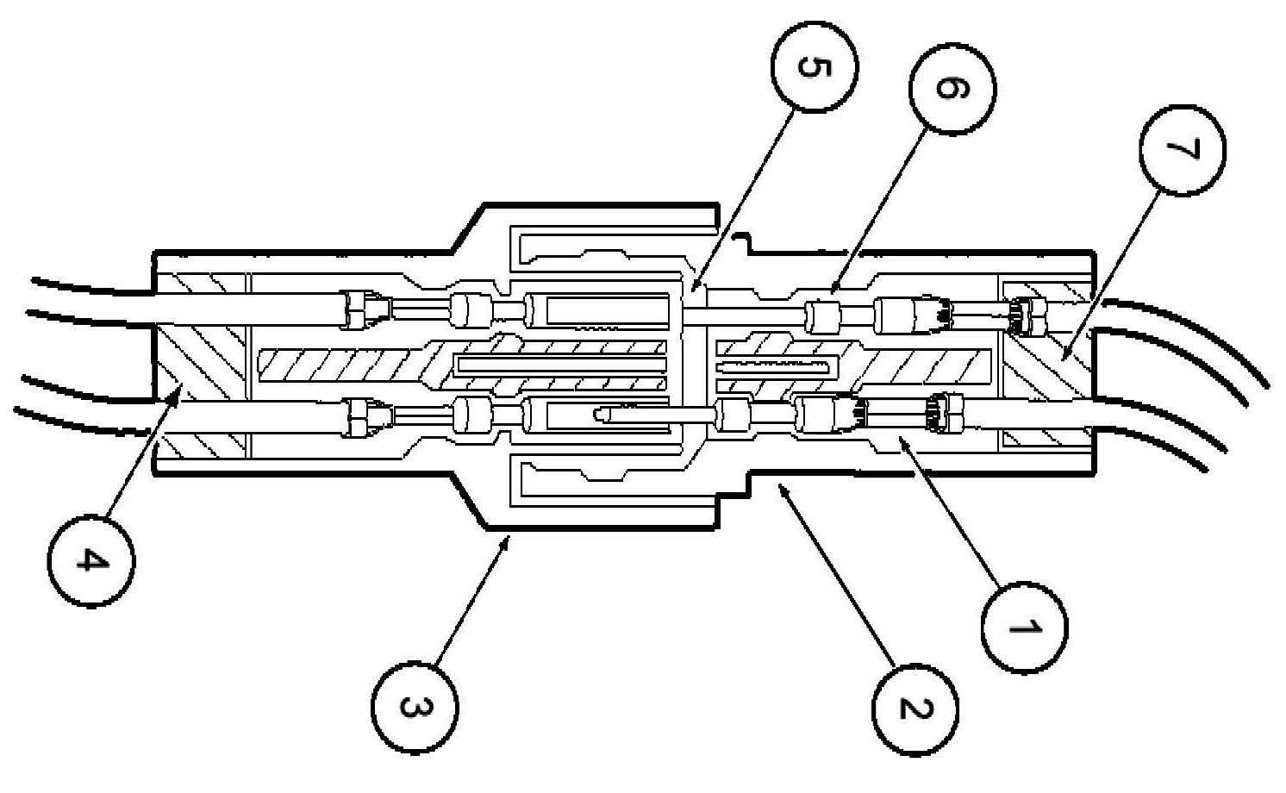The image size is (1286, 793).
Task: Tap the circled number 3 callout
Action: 415,707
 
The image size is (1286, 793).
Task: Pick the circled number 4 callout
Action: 91,560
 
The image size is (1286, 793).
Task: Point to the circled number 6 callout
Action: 952,90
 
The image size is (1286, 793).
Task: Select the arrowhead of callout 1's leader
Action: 896,438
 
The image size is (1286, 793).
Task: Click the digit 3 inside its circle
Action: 415,707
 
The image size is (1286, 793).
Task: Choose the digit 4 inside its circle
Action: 91,560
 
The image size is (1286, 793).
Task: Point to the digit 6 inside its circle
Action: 952,90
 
